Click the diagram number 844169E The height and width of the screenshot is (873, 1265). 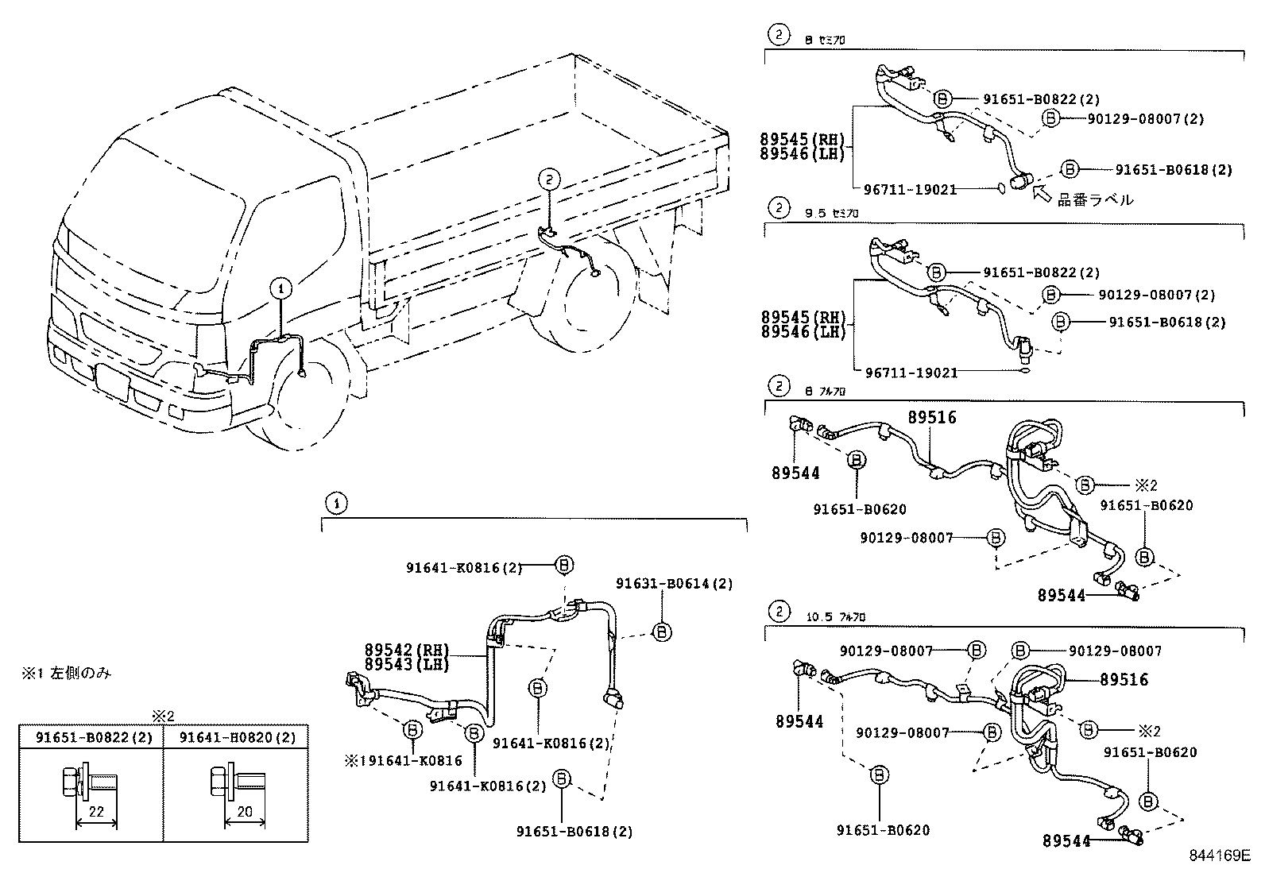coord(1219,856)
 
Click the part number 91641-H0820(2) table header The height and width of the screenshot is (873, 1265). coord(237,737)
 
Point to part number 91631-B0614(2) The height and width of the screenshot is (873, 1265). coord(674,584)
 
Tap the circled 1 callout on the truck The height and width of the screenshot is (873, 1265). coord(280,289)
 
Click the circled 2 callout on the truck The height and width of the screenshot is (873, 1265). coord(549,180)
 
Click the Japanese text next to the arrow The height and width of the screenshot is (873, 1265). coord(1095,200)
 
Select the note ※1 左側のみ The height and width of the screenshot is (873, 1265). coord(66,674)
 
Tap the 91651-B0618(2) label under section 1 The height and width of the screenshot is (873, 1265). coord(574,832)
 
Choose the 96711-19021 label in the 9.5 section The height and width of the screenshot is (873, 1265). coord(911,373)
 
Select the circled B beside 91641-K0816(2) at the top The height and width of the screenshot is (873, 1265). coord(563,565)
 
